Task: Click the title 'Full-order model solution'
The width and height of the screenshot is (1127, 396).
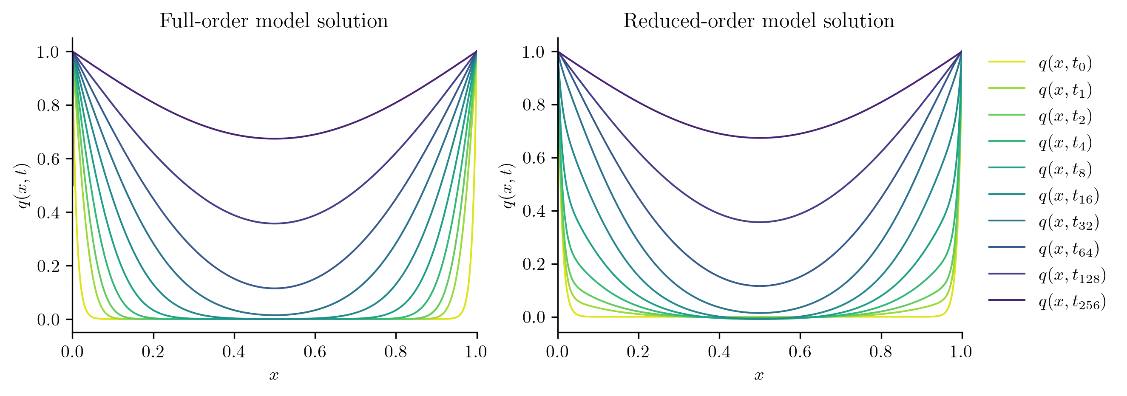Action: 273,21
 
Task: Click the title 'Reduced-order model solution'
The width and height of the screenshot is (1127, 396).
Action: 758,21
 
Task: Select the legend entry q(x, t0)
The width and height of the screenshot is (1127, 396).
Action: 1065,63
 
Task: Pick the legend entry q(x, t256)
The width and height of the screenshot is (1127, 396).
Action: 1072,302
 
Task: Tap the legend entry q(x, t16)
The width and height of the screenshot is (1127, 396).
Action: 1068,196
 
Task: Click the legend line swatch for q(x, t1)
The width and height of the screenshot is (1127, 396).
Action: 1007,88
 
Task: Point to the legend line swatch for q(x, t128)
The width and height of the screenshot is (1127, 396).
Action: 1007,274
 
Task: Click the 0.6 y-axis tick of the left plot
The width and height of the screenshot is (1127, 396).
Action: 48,159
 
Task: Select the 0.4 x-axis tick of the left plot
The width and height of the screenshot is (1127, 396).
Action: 234,352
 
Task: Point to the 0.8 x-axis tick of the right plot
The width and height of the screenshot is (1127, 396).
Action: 880,352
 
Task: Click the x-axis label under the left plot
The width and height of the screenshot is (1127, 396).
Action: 274,375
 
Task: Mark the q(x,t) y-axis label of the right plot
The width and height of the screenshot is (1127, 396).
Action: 508,186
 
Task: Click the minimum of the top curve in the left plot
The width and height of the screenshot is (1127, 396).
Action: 274,139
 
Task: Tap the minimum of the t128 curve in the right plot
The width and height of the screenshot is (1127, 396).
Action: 760,222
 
